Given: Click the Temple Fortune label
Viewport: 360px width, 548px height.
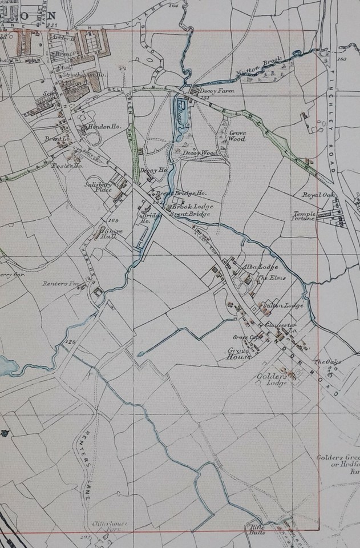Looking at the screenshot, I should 304,216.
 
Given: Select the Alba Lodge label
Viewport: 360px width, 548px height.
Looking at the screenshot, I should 253,267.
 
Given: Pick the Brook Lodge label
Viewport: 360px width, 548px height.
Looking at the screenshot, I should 195,205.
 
